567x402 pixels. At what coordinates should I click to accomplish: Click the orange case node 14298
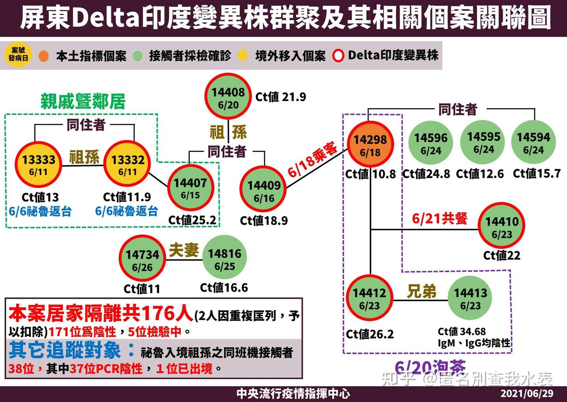pos(370,145)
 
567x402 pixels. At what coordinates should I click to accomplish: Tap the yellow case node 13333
pos(38,165)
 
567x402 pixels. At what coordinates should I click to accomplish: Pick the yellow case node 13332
pos(127,165)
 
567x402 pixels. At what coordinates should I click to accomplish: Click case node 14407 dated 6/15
pos(191,188)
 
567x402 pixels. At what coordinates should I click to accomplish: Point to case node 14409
pos(263,191)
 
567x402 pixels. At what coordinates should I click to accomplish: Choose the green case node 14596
pos(431,143)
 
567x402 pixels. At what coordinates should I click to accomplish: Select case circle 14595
pos(484,142)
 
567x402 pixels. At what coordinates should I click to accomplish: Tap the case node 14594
pos(534,142)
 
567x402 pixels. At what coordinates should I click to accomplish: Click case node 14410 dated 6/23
pos(502,226)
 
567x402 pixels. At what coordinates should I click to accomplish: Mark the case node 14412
pos(369,298)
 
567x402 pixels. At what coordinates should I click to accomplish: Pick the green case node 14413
pos(471,298)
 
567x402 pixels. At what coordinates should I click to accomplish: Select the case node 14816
pos(224,259)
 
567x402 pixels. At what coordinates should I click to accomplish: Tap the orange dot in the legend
pos(44,56)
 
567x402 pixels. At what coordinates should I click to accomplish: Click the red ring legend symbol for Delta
pos(338,56)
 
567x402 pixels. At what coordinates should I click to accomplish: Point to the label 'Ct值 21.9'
pos(281,97)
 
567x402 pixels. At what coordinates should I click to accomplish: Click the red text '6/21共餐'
pos(440,218)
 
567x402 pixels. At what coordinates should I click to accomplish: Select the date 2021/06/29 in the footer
pos(527,393)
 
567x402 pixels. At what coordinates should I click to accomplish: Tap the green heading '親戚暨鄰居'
pos(83,101)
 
